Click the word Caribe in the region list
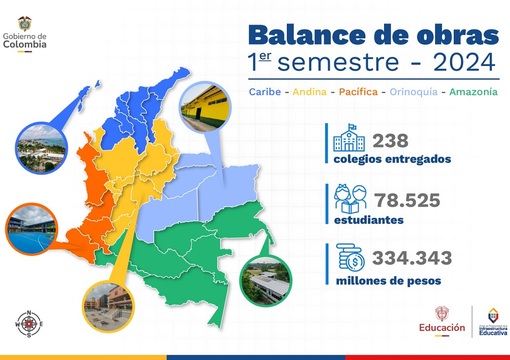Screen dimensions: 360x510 pos(264,93)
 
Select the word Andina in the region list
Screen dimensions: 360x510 pos(311,93)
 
